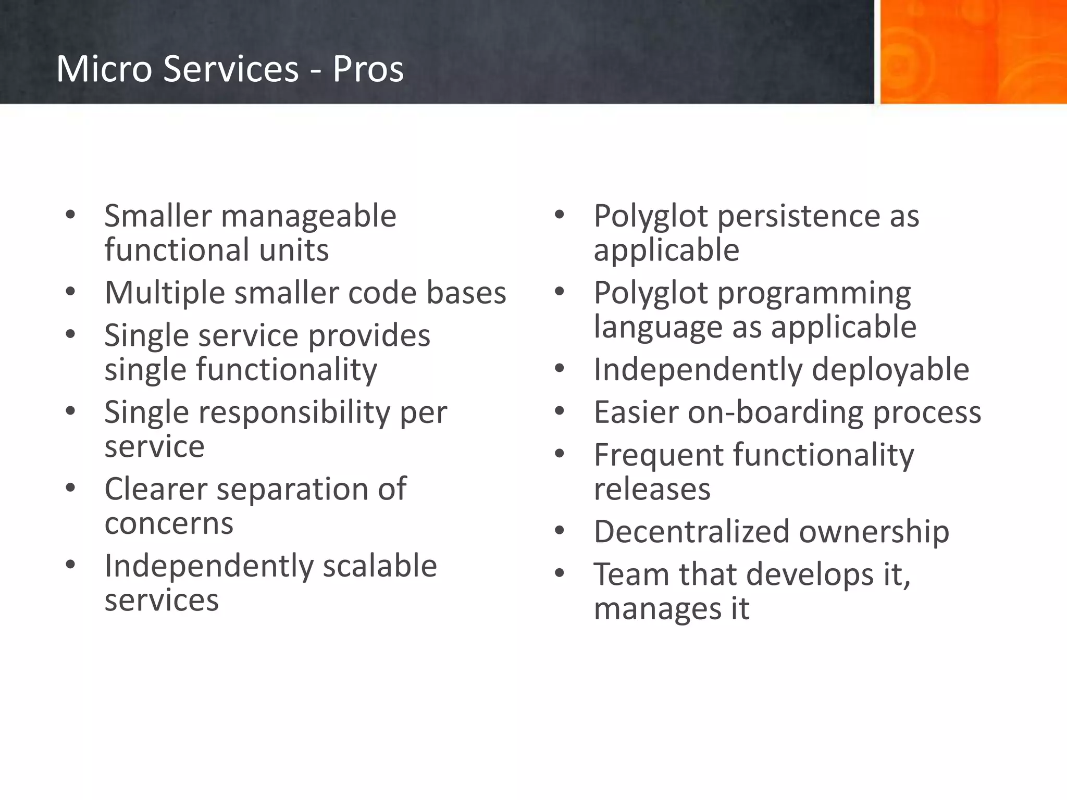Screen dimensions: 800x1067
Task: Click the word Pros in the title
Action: click(368, 69)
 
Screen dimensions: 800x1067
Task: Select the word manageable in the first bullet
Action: click(308, 217)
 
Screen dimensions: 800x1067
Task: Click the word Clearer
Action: click(156, 489)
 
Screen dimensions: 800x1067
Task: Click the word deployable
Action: click(890, 370)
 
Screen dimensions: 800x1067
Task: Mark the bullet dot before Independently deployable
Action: click(560, 369)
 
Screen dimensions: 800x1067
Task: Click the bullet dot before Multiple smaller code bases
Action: click(70, 292)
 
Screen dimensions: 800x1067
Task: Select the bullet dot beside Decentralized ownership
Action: click(560, 531)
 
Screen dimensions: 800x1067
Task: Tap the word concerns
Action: click(169, 523)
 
